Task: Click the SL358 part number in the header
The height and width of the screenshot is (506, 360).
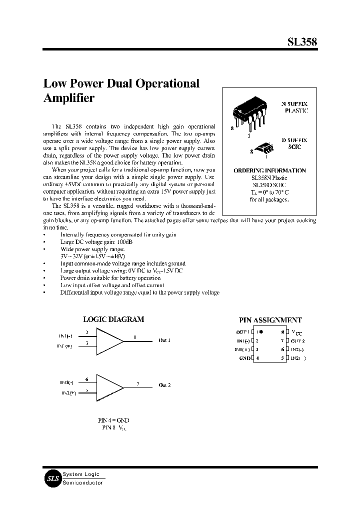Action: [301, 42]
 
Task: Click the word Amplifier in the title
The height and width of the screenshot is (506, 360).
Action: [69, 98]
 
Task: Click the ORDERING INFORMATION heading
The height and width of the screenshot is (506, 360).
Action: [269, 170]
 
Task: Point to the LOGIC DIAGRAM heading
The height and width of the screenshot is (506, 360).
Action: [113, 319]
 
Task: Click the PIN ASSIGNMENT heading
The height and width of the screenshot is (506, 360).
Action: [270, 320]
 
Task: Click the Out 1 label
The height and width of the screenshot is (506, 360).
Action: [164, 340]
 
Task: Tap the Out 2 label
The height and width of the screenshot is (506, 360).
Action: [164, 385]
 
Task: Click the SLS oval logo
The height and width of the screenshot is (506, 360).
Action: [52, 478]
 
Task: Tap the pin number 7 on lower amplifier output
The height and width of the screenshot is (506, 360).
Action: [137, 383]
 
